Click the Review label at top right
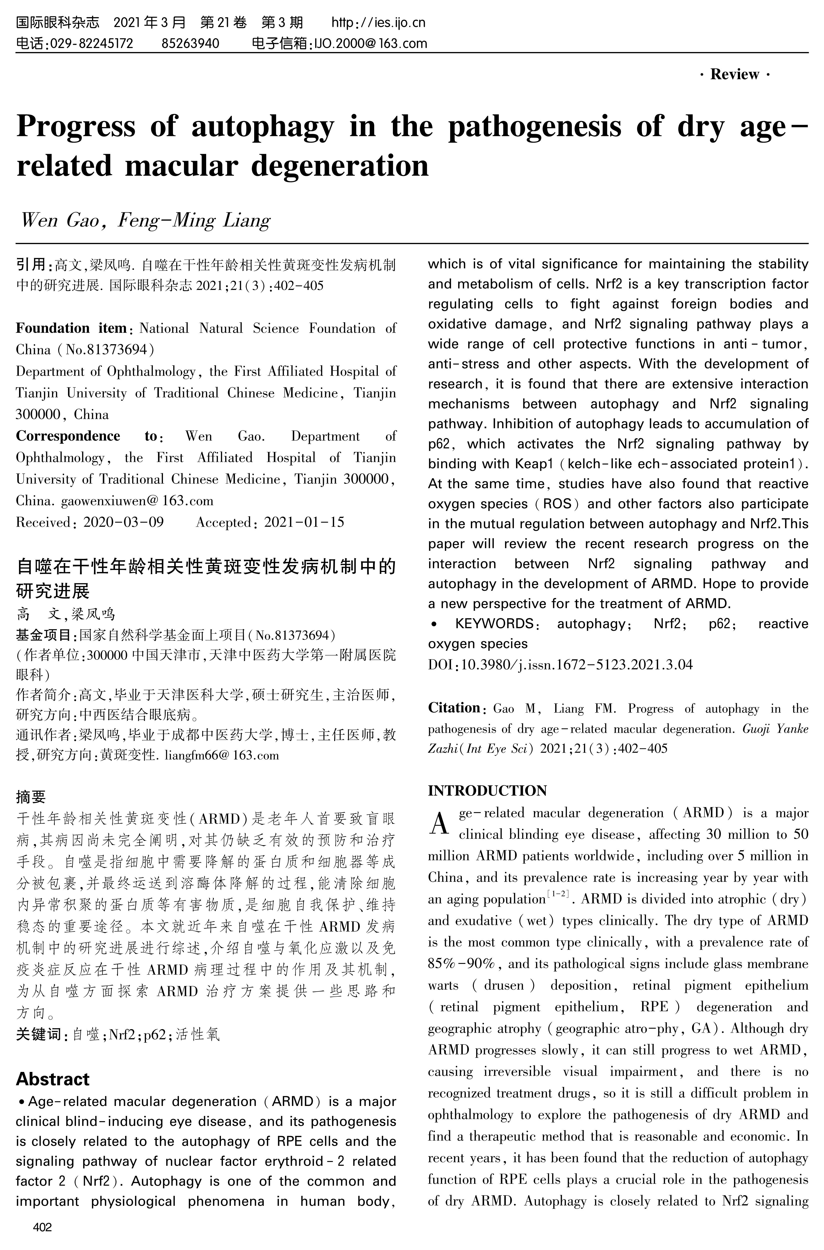[735, 74]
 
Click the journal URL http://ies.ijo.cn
[378, 23]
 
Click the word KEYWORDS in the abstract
[495, 624]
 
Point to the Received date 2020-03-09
[123, 522]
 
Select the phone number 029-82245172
[90, 43]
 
